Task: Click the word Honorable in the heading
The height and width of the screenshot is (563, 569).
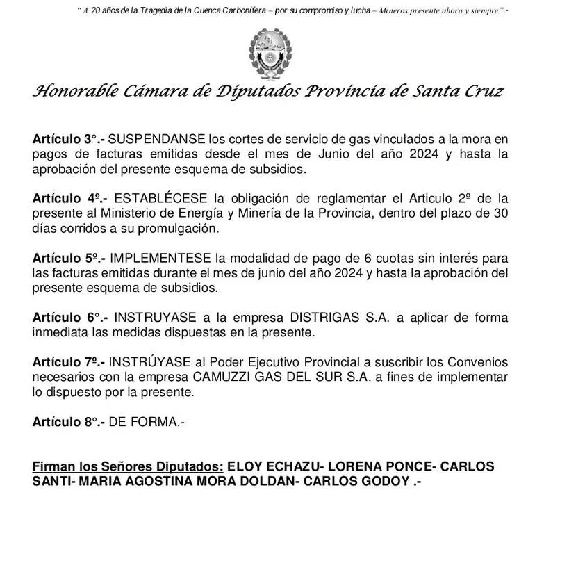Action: (69, 92)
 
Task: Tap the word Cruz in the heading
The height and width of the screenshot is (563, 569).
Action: (482, 92)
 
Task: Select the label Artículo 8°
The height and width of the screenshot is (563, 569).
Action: (68, 421)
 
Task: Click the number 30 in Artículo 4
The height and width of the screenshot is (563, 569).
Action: (500, 213)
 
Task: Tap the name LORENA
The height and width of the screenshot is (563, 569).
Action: (358, 466)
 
